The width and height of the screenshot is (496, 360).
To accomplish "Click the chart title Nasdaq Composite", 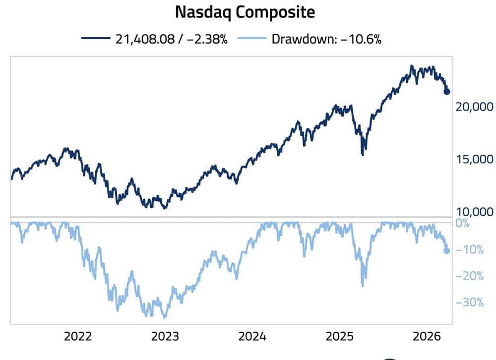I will (x=245, y=12).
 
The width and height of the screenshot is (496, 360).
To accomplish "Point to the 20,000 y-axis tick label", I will (x=475, y=107).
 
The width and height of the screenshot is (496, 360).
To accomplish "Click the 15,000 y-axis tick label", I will (x=475, y=159).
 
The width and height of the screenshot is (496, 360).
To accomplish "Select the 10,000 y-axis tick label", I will (x=475, y=212).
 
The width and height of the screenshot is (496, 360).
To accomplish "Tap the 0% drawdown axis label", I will (x=462, y=223).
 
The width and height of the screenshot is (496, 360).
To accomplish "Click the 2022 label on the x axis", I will (x=78, y=337).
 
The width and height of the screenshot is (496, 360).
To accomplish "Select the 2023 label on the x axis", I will (x=165, y=337).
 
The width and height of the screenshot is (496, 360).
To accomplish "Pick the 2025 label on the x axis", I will (x=340, y=337).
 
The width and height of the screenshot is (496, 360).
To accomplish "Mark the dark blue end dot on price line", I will (x=447, y=91).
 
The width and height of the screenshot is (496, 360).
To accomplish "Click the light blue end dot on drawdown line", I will (x=447, y=251).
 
